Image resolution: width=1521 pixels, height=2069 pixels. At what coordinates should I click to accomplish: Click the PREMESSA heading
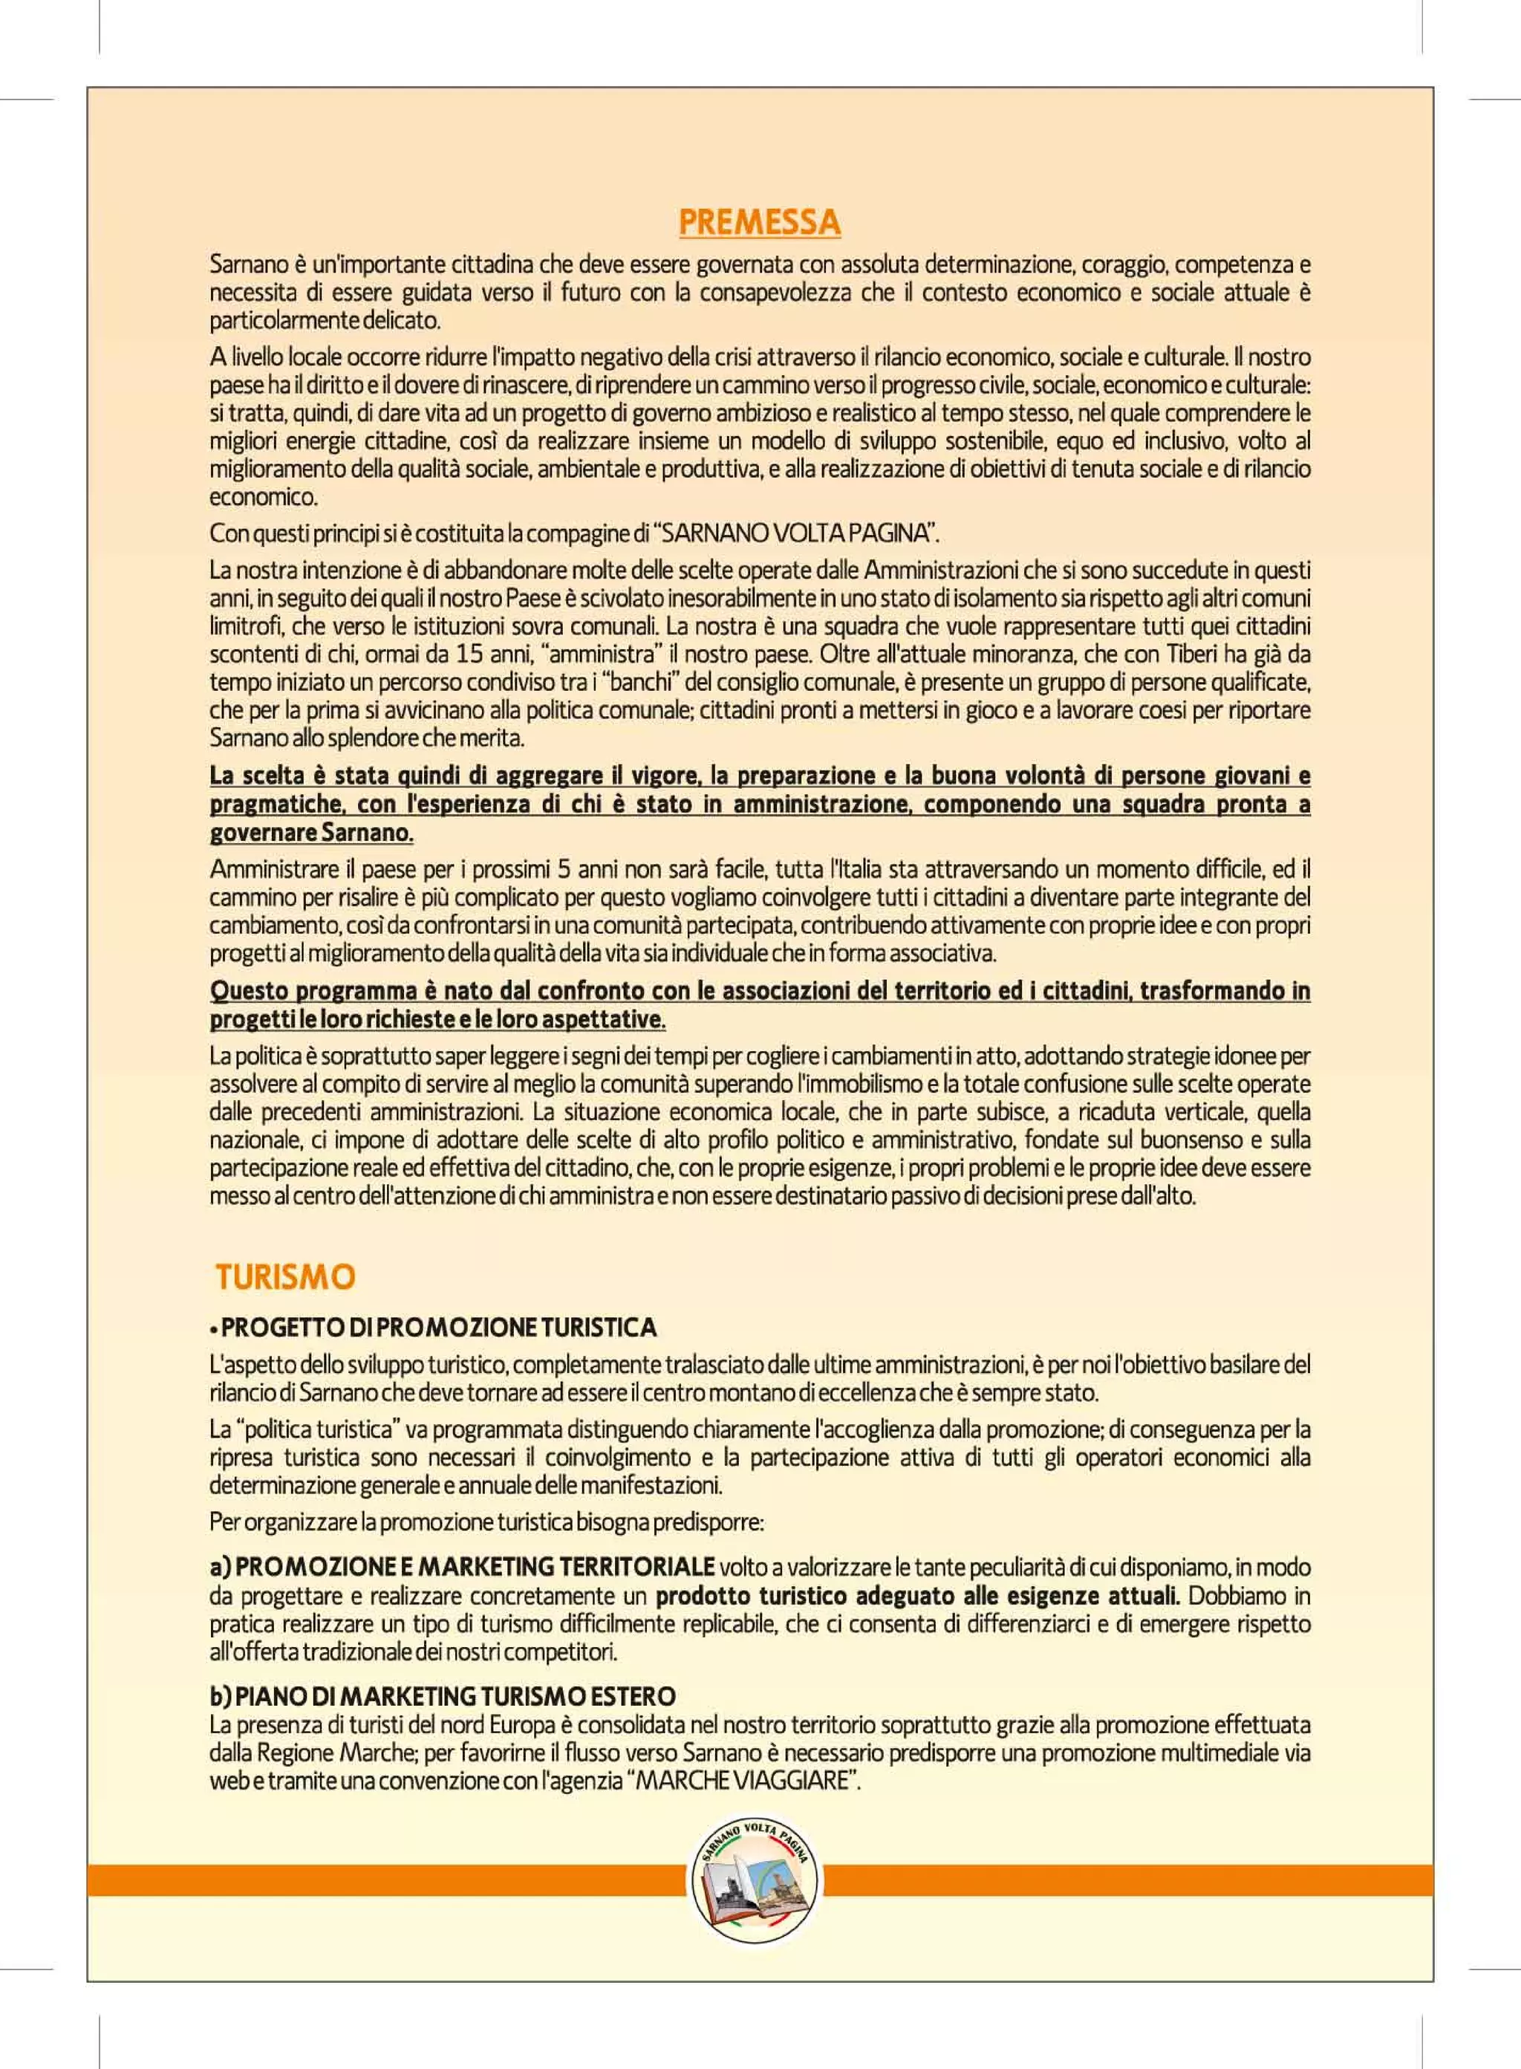tap(760, 223)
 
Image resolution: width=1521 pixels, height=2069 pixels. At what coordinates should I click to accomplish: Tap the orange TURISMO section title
tap(285, 1277)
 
